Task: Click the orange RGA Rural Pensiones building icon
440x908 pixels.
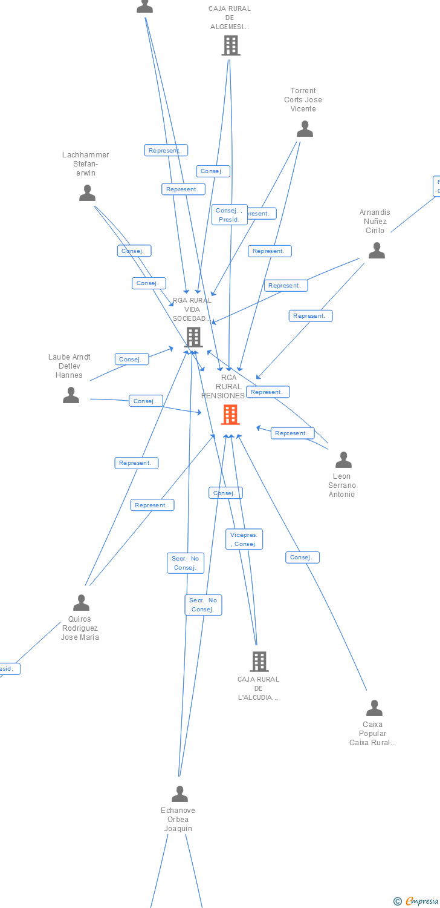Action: [230, 415]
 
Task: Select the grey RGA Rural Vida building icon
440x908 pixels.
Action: [193, 337]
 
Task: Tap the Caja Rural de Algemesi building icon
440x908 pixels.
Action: [230, 45]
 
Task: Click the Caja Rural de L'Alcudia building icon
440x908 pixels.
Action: [259, 662]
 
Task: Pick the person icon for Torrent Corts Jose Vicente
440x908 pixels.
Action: [305, 129]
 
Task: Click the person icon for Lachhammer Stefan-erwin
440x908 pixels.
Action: [88, 193]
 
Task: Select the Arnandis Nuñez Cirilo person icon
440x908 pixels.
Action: [377, 251]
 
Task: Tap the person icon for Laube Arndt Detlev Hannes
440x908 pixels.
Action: [71, 395]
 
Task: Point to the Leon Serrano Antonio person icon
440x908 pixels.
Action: [343, 460]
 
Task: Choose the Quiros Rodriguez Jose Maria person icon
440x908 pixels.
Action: [81, 603]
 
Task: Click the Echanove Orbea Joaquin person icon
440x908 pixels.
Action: [180, 794]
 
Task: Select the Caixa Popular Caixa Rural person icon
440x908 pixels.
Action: [374, 708]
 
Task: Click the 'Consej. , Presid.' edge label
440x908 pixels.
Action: [230, 215]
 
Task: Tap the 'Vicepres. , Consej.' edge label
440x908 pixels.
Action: [244, 539]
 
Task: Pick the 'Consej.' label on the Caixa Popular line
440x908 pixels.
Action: [302, 558]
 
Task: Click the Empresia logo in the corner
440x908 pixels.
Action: [417, 901]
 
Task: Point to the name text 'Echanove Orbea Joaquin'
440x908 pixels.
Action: [178, 820]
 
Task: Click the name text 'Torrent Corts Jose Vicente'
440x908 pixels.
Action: [303, 100]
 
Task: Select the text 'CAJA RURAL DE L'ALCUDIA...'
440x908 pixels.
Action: [259, 688]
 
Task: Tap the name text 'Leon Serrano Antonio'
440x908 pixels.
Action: [342, 485]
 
